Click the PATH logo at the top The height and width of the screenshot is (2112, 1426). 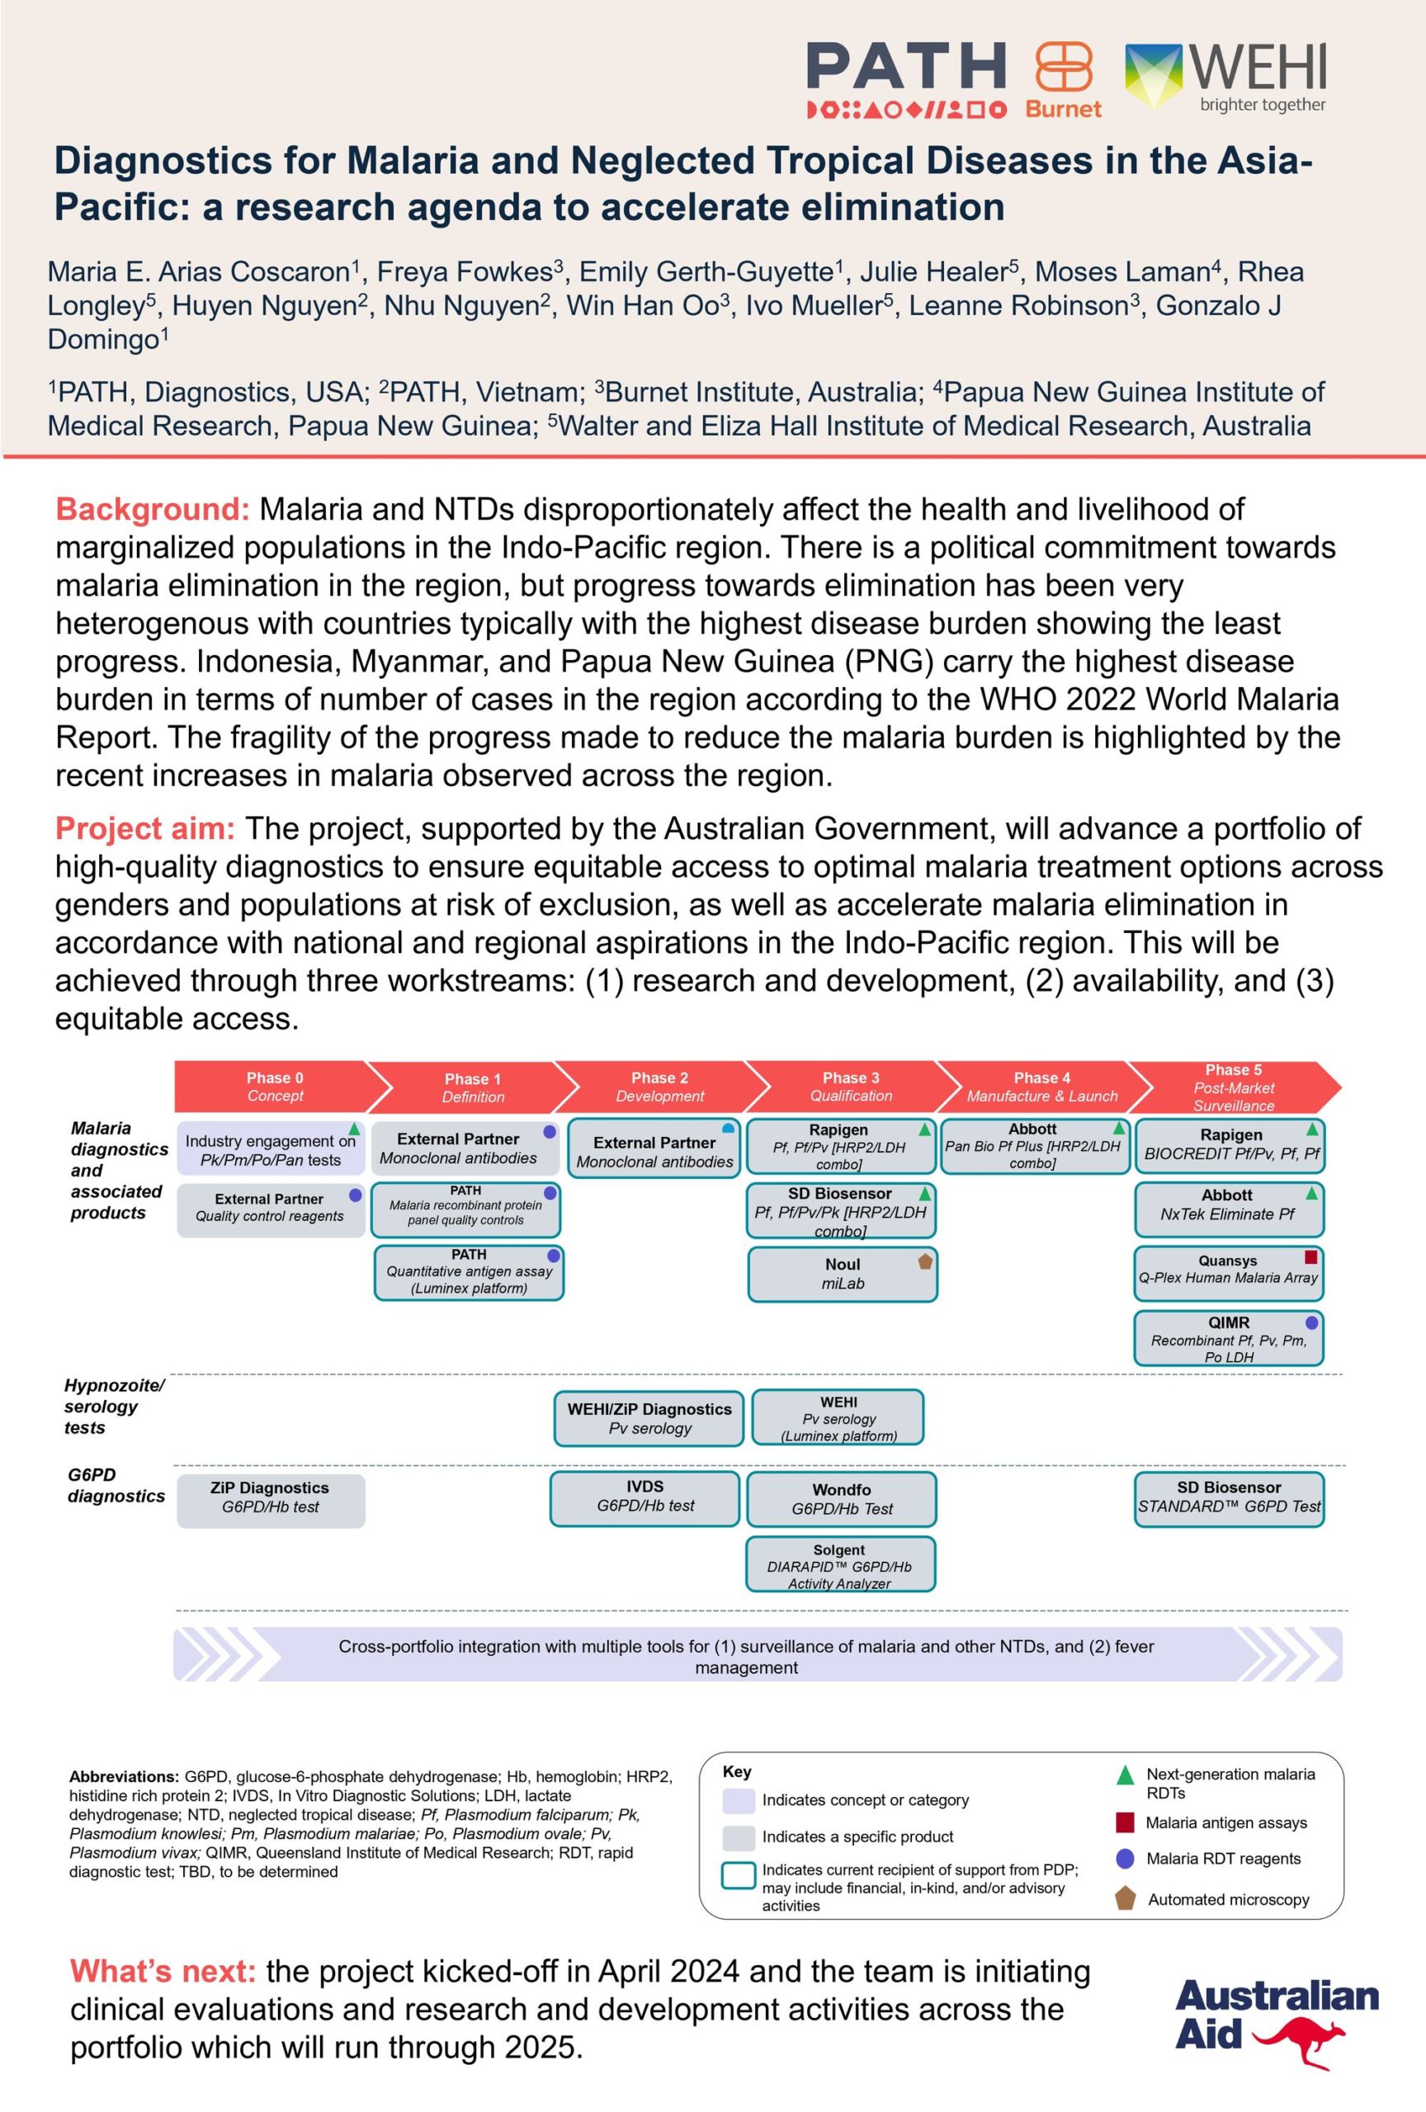pyautogui.click(x=906, y=79)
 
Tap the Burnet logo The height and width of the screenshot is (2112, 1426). pyautogui.click(x=1064, y=79)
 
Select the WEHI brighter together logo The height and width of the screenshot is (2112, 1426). pyautogui.click(x=1226, y=78)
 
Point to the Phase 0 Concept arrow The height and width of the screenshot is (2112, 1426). pyautogui.click(x=276, y=1087)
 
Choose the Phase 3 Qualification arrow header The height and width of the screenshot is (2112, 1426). pyautogui.click(x=851, y=1087)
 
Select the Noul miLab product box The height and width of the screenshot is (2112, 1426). pyautogui.click(x=843, y=1274)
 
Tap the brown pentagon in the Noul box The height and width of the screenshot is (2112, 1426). pyautogui.click(x=925, y=1261)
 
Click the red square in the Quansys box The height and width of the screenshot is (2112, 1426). pyautogui.click(x=1310, y=1258)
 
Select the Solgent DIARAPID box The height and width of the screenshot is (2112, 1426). pyautogui.click(x=840, y=1566)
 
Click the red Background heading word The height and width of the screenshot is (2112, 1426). pyautogui.click(x=153, y=509)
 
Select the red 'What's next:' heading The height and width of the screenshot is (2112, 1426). pyautogui.click(x=163, y=1972)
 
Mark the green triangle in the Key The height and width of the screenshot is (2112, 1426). pyautogui.click(x=1125, y=1775)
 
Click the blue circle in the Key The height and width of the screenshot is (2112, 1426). pyautogui.click(x=1125, y=1860)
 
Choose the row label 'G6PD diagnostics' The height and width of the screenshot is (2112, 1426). pyautogui.click(x=116, y=1485)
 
